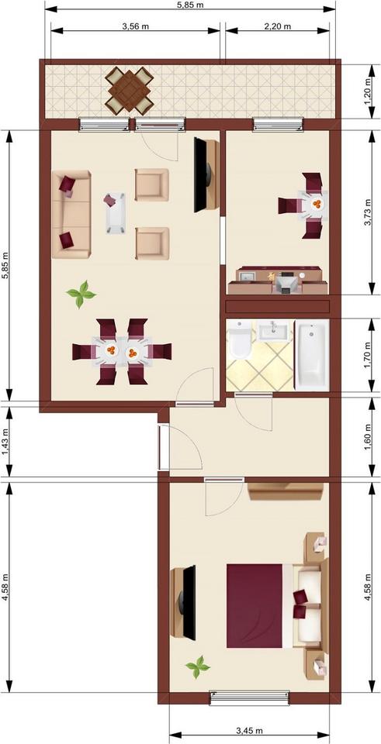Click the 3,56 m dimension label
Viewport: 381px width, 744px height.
click(x=136, y=26)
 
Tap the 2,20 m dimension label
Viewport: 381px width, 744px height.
click(x=277, y=26)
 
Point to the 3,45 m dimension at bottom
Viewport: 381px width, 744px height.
click(x=248, y=731)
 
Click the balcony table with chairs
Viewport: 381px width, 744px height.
click(x=130, y=89)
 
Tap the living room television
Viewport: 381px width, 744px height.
click(x=203, y=174)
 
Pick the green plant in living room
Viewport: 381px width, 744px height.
click(x=81, y=294)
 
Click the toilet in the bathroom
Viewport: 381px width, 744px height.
click(x=239, y=341)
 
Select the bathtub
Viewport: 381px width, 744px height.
click(x=312, y=356)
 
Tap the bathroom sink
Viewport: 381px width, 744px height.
click(x=273, y=332)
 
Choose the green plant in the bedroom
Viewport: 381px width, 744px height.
click(x=198, y=665)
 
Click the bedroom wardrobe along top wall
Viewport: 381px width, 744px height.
click(x=285, y=491)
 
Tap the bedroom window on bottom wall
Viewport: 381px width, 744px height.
click(x=249, y=697)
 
